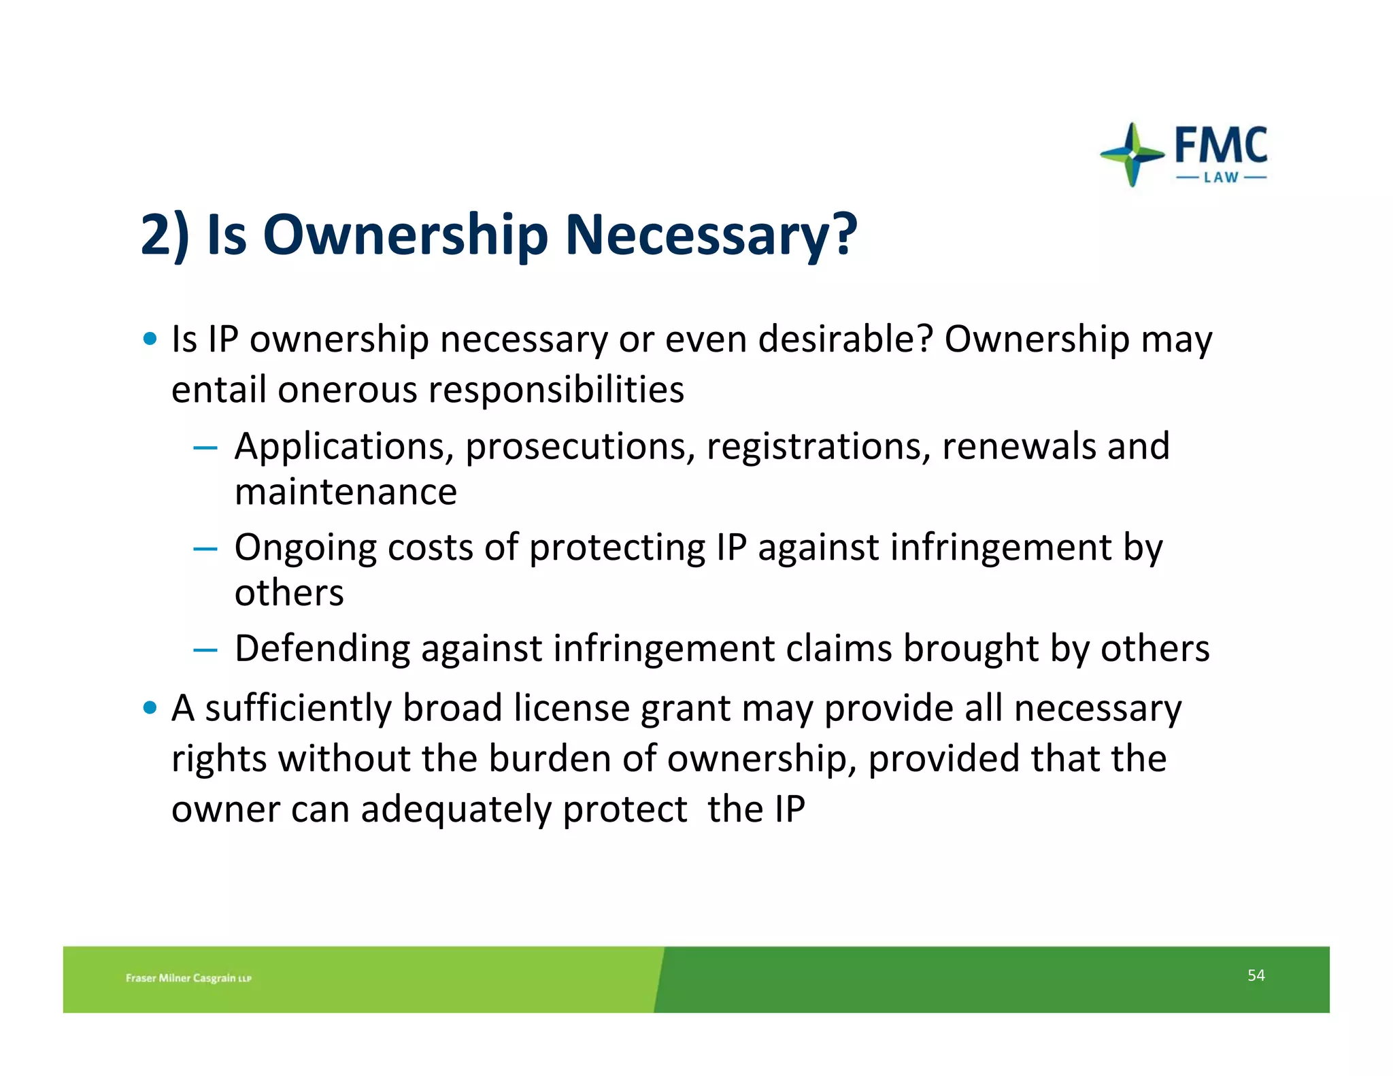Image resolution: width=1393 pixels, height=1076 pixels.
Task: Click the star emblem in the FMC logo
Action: (1132, 154)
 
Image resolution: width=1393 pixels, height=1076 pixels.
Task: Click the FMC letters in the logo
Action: (1221, 145)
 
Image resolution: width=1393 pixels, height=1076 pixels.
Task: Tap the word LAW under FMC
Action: (1222, 178)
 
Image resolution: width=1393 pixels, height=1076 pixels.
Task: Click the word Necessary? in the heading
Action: (711, 235)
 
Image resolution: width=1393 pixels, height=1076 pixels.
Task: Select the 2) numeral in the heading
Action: (165, 235)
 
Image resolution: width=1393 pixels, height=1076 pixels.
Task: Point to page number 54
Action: (1256, 975)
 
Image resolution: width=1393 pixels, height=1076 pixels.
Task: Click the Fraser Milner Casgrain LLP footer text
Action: (188, 978)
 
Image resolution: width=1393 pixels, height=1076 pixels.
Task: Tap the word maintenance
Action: (346, 492)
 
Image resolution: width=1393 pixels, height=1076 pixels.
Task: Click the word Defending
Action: (322, 648)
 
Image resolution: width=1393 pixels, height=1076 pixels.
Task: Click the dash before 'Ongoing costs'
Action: (205, 549)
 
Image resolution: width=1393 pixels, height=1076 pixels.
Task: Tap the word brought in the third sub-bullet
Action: (970, 648)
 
